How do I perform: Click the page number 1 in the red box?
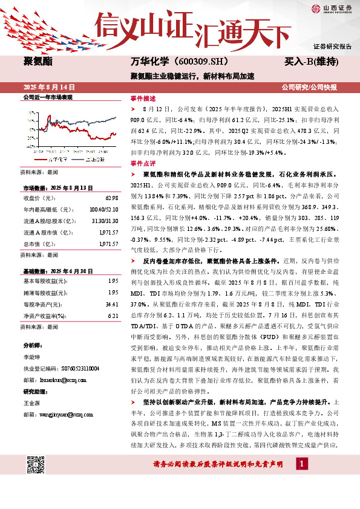click(301, 480)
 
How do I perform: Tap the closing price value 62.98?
click(111, 198)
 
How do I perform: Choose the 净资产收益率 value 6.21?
click(113, 316)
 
